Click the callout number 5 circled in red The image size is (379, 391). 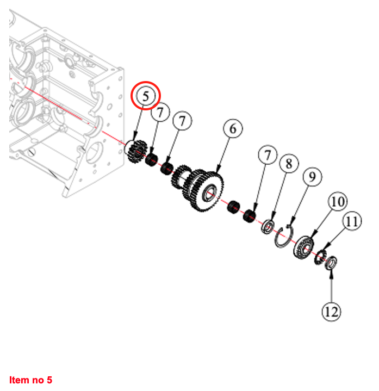(x=146, y=96)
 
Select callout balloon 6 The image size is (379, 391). (x=233, y=129)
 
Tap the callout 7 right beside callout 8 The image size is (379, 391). (x=266, y=156)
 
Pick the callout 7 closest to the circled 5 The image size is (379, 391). (x=159, y=114)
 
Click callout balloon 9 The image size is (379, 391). (x=312, y=177)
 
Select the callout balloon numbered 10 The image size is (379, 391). (x=337, y=202)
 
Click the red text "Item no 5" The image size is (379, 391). (x=30, y=380)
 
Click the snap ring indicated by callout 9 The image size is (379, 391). (x=283, y=238)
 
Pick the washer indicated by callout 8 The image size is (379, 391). (x=268, y=226)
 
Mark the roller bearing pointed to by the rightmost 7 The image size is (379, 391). (x=249, y=215)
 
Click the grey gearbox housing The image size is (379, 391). (x=60, y=109)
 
